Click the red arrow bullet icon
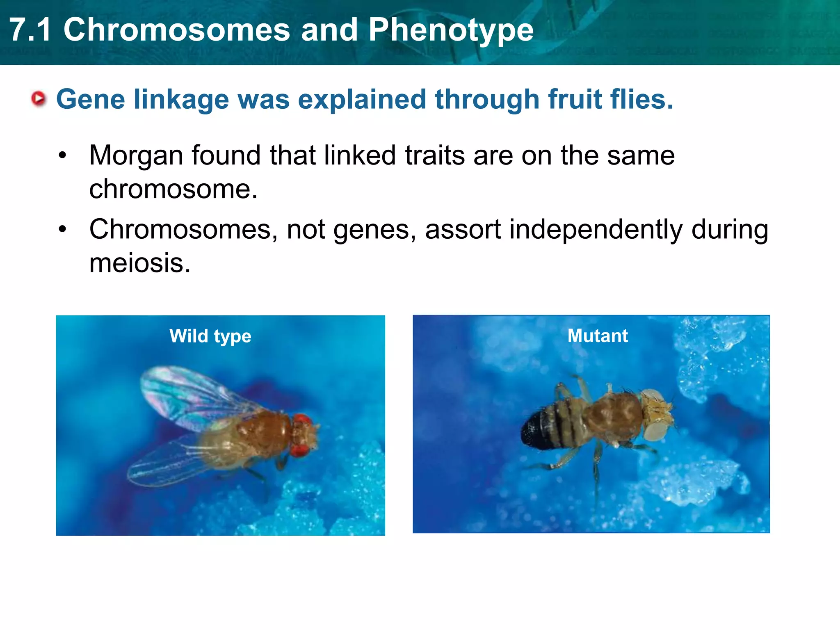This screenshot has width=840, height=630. (39, 99)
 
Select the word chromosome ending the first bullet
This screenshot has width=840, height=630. (173, 189)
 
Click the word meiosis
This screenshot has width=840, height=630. (139, 263)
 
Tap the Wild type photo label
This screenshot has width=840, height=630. (210, 336)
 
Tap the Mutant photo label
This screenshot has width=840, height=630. (597, 336)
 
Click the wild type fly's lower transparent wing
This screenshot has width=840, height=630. (168, 463)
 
